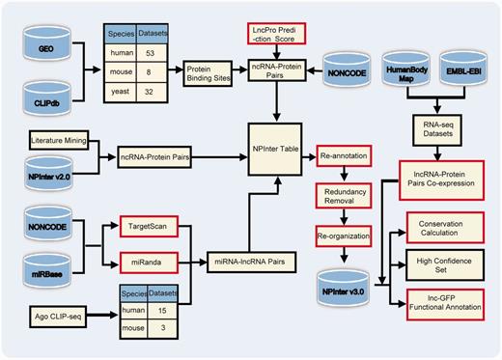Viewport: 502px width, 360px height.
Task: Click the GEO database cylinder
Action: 46,46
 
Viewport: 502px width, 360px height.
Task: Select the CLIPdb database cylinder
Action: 46,96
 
